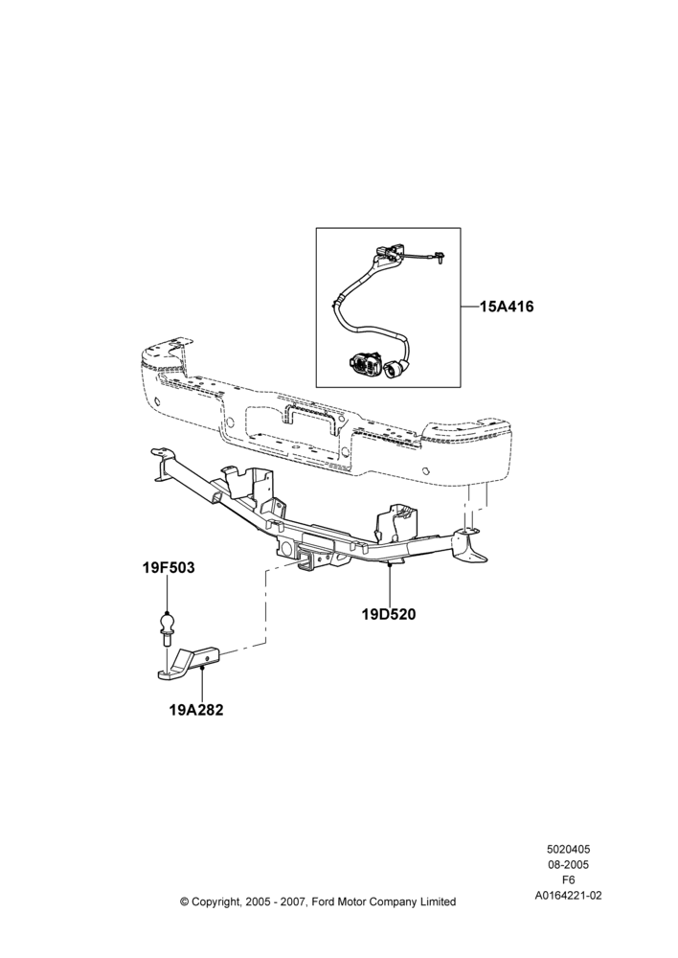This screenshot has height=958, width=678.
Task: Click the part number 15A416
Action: click(507, 307)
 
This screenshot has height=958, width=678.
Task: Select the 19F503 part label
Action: click(169, 567)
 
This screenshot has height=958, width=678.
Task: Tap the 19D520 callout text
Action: click(389, 614)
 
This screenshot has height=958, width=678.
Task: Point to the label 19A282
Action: click(196, 710)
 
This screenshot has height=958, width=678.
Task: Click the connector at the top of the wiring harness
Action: click(389, 254)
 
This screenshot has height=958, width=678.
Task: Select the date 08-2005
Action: click(568, 864)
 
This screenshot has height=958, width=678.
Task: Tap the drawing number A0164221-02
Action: click(568, 896)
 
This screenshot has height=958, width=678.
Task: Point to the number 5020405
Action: click(568, 849)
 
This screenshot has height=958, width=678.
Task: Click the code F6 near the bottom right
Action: click(568, 880)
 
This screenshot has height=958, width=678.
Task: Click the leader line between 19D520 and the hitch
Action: click(389, 585)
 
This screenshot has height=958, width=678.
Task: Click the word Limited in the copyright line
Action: click(438, 901)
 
